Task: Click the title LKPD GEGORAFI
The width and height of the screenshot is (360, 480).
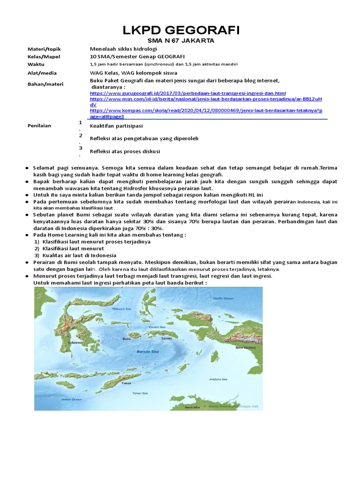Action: click(x=181, y=31)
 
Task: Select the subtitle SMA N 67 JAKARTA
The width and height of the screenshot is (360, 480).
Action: click(x=181, y=41)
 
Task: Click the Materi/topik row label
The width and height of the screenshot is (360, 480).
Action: click(x=45, y=49)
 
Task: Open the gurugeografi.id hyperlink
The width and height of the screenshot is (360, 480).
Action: click(x=188, y=93)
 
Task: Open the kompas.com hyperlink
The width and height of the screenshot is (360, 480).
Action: click(x=206, y=111)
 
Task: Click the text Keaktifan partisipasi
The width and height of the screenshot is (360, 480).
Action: click(x=116, y=126)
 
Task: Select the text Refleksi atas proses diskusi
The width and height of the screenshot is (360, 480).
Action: click(x=125, y=151)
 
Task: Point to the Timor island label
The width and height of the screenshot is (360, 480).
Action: click(x=126, y=382)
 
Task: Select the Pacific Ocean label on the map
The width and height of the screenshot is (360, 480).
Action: click(x=223, y=298)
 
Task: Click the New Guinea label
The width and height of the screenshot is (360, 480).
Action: click(x=245, y=348)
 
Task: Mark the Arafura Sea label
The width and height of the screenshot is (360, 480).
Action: click(x=218, y=379)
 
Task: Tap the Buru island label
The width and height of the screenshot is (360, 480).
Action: click(x=126, y=338)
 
